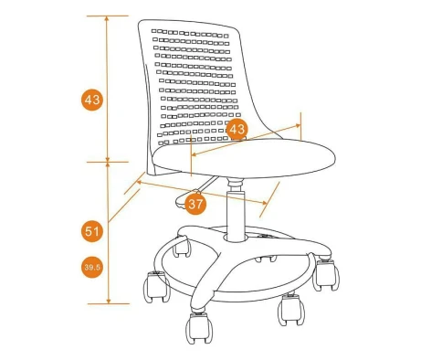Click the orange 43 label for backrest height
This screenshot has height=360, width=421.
click(x=92, y=100)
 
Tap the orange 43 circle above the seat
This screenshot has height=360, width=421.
click(x=237, y=129)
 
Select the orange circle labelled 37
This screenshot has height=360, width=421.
click(x=195, y=204)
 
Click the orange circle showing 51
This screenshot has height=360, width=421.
click(x=92, y=231)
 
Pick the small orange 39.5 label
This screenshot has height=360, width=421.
click(x=92, y=268)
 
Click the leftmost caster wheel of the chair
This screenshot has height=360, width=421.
click(x=156, y=287)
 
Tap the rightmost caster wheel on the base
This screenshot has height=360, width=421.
click(x=326, y=274)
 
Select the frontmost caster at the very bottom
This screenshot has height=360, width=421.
click(x=199, y=327)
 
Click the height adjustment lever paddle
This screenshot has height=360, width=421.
click(x=187, y=199)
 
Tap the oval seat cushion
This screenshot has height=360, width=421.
click(x=244, y=158)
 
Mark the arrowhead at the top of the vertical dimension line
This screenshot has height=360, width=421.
click(x=107, y=18)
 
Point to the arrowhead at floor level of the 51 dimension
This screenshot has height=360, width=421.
click(x=109, y=302)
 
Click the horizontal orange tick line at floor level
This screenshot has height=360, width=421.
click(x=109, y=303)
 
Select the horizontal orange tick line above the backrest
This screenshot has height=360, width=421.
click(x=108, y=16)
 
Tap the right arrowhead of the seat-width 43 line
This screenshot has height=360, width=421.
click(x=298, y=125)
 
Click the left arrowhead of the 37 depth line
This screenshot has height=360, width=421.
click(x=139, y=182)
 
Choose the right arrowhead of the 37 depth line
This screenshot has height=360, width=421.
click(x=264, y=203)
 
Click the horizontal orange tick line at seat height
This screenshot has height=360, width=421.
click(x=108, y=162)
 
